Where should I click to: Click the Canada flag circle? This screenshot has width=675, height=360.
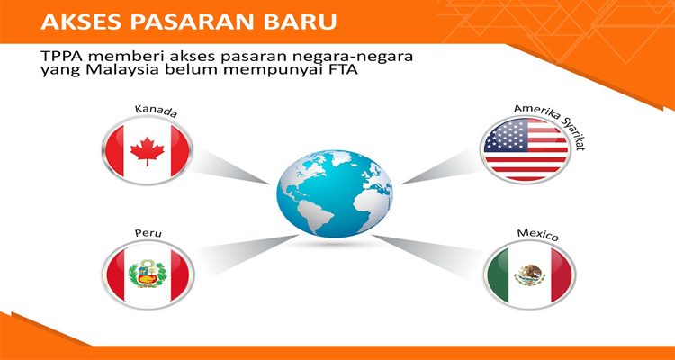[148, 149]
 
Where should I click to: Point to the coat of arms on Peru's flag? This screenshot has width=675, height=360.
[148, 272]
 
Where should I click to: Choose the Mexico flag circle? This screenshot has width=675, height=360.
[529, 274]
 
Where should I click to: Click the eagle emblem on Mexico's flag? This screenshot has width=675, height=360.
[530, 272]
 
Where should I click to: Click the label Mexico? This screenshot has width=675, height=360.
[538, 236]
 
